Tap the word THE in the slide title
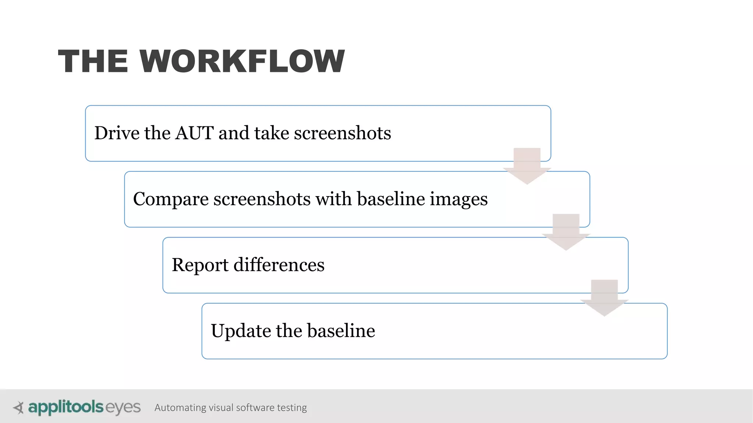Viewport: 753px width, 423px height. pos(93,61)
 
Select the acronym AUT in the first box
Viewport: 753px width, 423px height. pos(195,133)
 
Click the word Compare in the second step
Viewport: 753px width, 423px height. pos(171,199)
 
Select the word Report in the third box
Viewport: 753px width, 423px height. pos(200,265)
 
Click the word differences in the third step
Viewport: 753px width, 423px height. pos(279,265)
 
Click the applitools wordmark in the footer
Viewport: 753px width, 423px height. pos(66,407)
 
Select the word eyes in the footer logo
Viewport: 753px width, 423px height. pos(123,408)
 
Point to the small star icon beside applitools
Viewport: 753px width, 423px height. pos(18,408)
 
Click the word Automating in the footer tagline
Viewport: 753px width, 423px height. pos(180,408)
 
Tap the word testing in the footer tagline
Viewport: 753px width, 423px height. pos(292,408)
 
